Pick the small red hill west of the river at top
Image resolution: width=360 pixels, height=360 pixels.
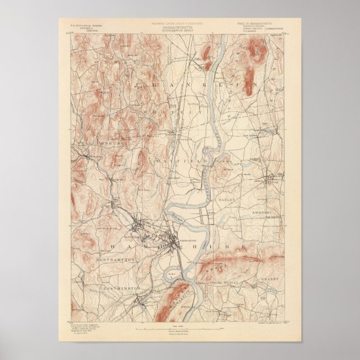tap(207, 54)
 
